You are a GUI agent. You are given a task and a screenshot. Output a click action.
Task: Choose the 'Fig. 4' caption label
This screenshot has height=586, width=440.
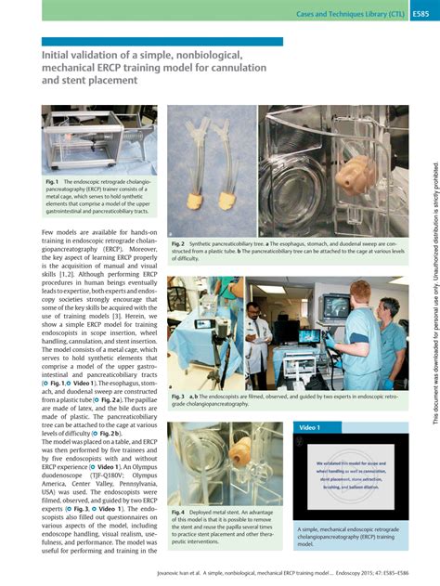click(178, 512)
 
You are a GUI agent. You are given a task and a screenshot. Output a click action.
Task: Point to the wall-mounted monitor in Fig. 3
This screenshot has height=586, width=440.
click(332, 306)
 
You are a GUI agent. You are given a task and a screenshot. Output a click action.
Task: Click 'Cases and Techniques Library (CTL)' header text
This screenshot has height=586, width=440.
click(348, 14)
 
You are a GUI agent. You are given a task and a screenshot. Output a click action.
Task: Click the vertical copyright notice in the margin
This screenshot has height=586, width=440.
click(432, 306)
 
